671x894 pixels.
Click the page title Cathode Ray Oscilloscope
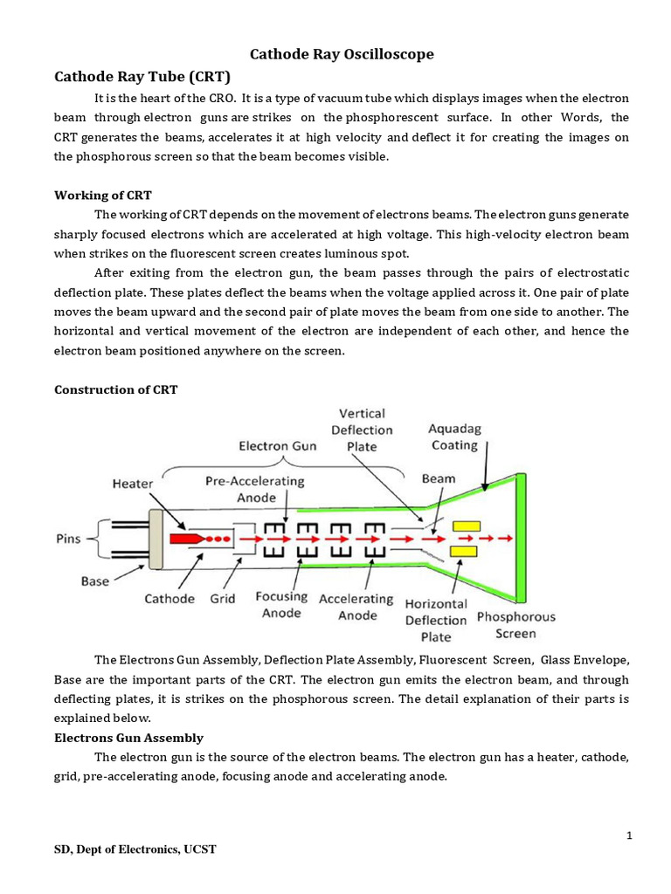coord(342,54)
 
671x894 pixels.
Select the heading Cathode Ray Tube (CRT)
coord(142,76)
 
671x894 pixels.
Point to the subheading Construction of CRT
coord(115,389)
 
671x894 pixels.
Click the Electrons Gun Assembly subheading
coord(128,738)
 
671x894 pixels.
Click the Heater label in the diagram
coord(132,483)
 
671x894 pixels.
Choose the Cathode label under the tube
coord(170,600)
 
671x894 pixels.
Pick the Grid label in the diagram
coord(224,600)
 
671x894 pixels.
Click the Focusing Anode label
coord(280,605)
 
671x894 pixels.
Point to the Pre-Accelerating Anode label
coord(254,489)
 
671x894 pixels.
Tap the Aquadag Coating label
coord(453,437)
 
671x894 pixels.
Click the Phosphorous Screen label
coord(515,624)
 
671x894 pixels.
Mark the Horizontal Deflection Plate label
coord(435,619)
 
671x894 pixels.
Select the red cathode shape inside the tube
coord(184,540)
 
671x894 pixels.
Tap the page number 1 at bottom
coord(629,836)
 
